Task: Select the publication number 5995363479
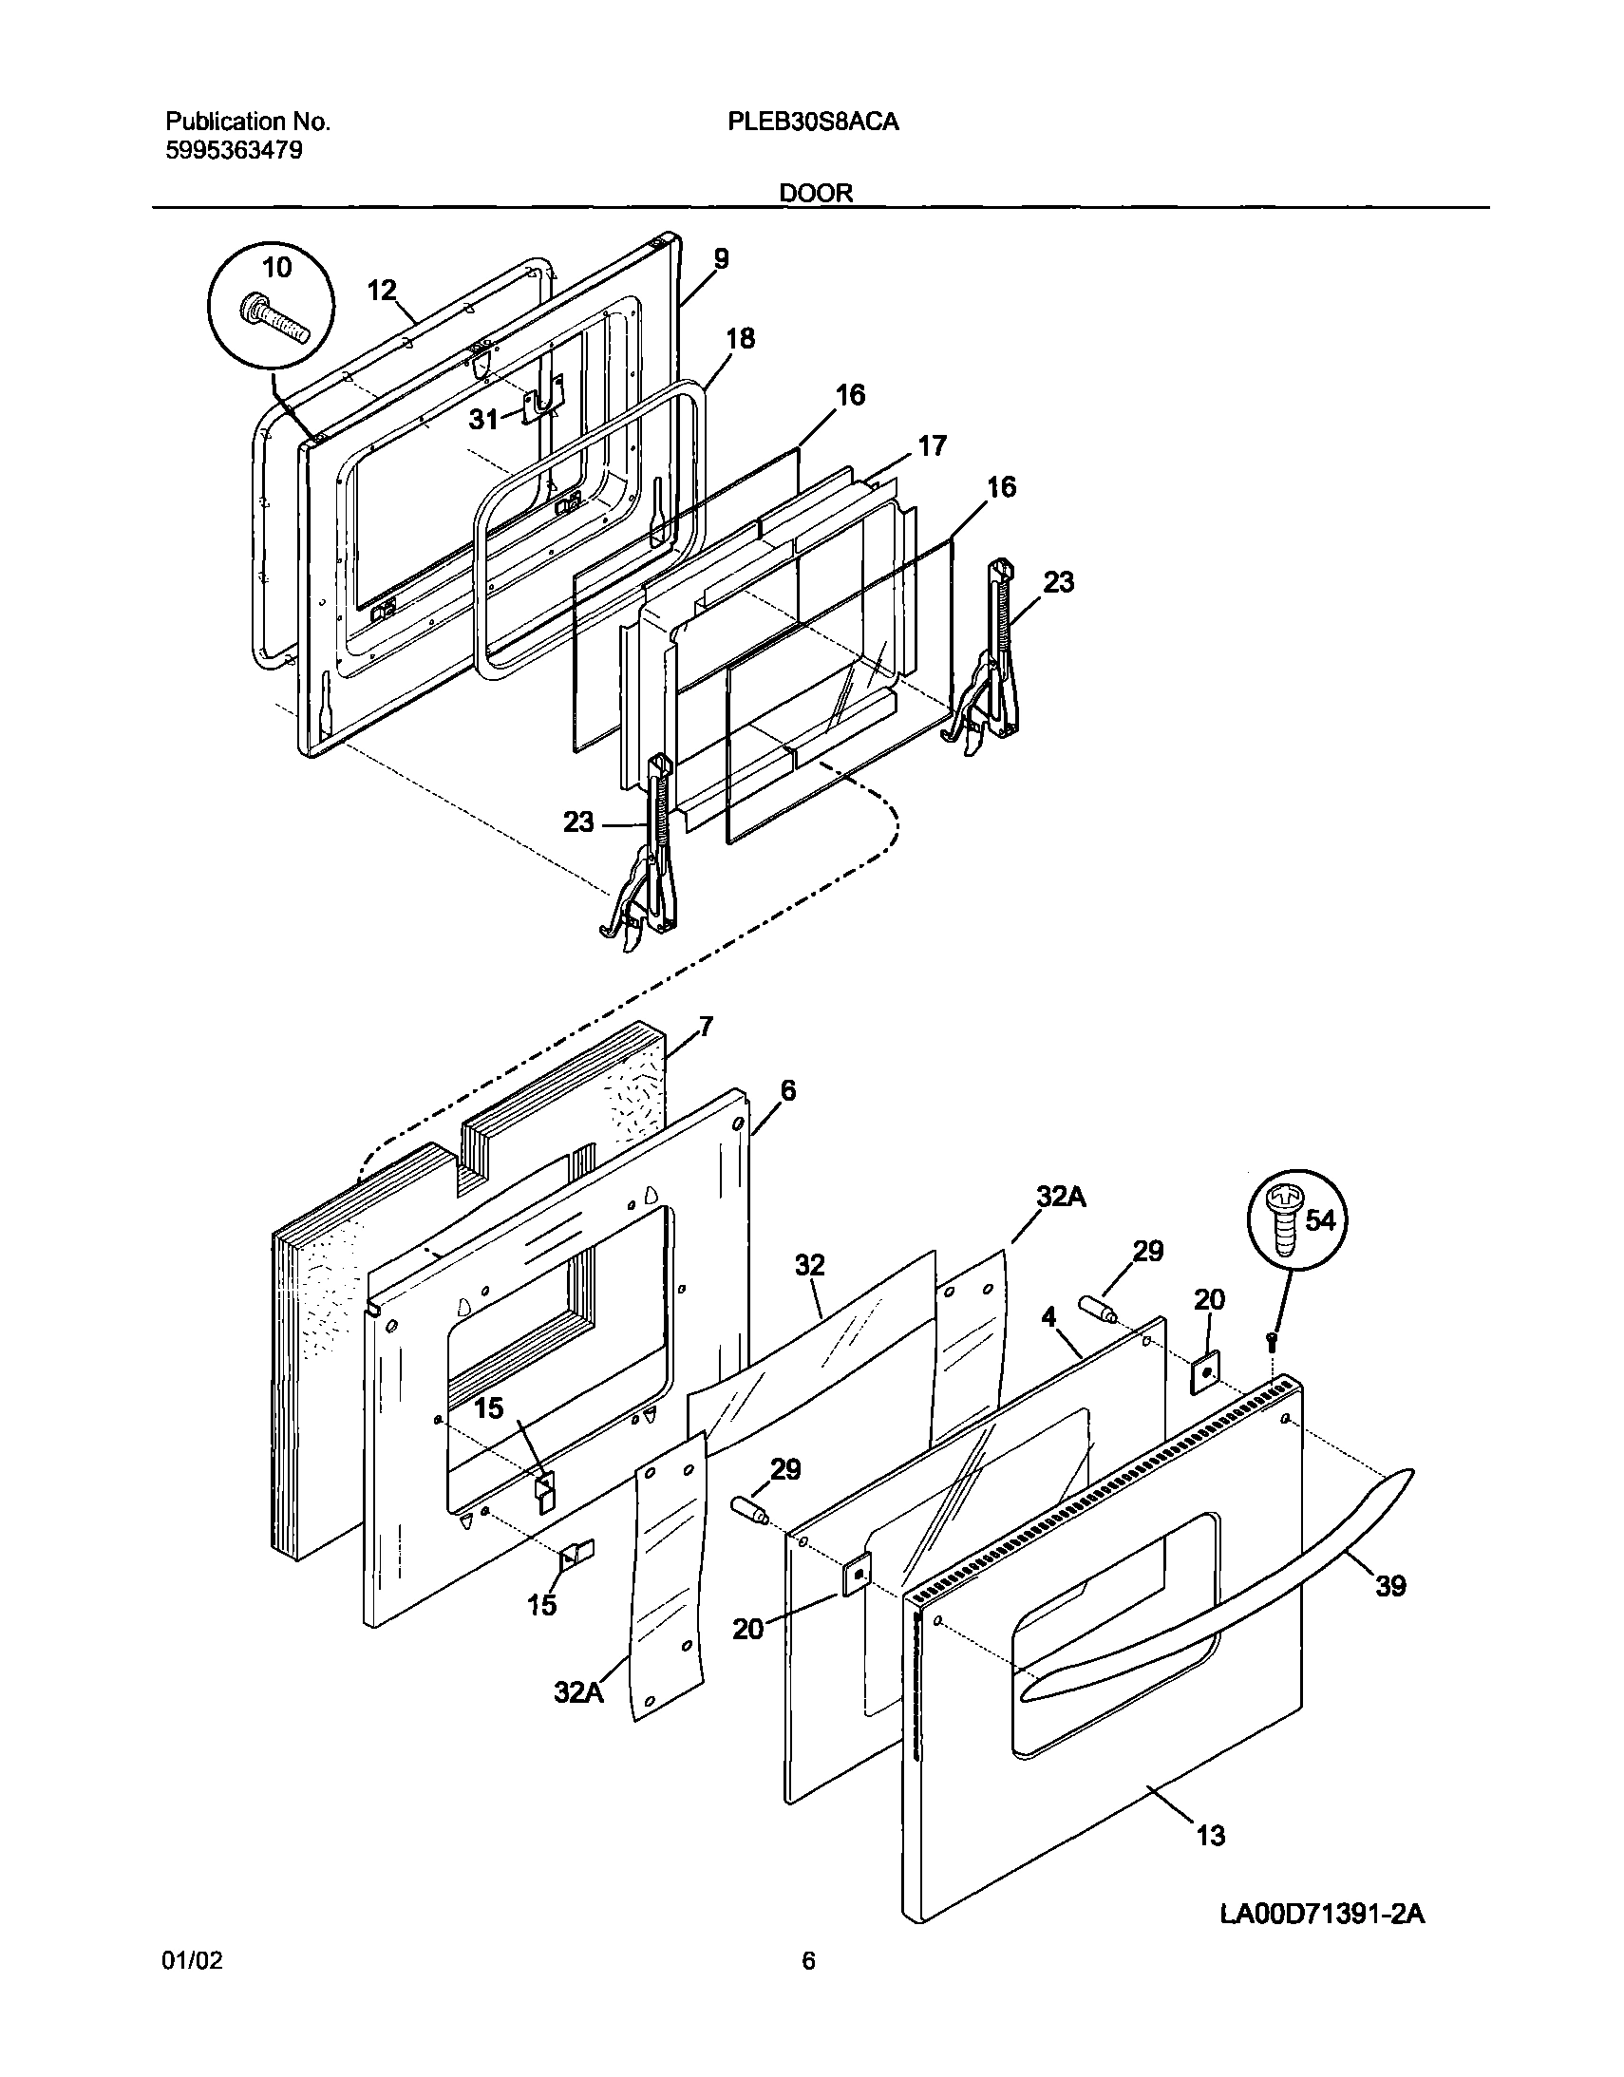[234, 150]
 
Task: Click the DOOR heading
[816, 193]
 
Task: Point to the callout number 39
[1391, 1585]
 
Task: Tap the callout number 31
[483, 419]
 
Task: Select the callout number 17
[932, 445]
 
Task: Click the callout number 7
[706, 1026]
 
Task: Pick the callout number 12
[381, 290]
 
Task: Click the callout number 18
[740, 337]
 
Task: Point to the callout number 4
[1048, 1316]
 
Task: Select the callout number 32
[809, 1265]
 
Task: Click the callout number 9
[721, 257]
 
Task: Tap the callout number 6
[787, 1090]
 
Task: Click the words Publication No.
[248, 122]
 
